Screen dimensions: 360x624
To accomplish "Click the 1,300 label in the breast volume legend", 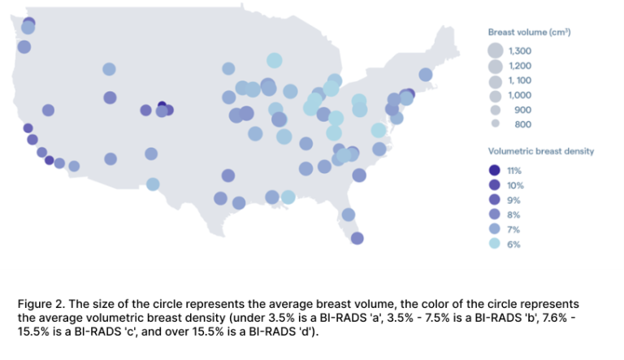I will click(x=520, y=51).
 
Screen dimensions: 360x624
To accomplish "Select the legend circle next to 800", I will click(x=496, y=124).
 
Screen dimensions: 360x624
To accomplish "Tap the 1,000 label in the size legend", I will click(x=519, y=95).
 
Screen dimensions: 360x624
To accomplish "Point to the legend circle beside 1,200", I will click(x=496, y=66).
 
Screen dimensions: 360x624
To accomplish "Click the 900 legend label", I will click(x=522, y=110).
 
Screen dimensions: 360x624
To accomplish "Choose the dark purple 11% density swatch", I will click(x=495, y=171).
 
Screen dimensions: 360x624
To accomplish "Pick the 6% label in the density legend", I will click(x=513, y=244).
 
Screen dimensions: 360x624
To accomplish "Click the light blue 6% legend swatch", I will click(x=495, y=244).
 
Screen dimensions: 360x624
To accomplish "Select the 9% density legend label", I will click(x=513, y=200).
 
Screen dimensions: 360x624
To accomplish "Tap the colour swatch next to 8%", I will click(x=495, y=215).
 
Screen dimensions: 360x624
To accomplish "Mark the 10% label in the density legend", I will click(x=514, y=185).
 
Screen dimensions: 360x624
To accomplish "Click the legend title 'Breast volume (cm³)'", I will click(x=529, y=32).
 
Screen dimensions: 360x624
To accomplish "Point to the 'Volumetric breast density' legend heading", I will click(x=540, y=151).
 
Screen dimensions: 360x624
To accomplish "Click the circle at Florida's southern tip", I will click(x=357, y=238).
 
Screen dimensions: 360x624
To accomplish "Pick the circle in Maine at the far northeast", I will click(x=426, y=75).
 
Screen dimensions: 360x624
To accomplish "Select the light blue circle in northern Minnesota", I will click(x=275, y=61).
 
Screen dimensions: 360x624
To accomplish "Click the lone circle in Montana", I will click(x=109, y=70).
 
